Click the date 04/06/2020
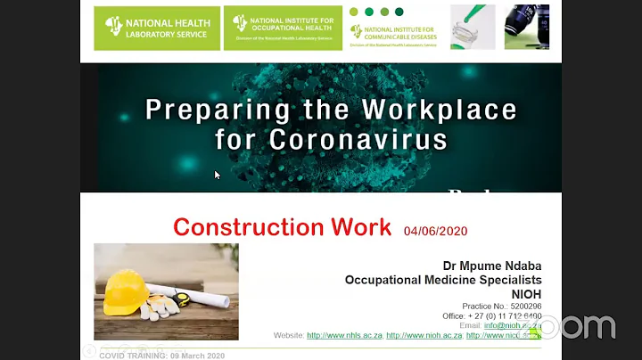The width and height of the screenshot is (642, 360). click(435, 231)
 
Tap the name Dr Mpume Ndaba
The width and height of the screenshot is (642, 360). click(492, 266)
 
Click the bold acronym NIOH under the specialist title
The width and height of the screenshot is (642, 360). click(526, 293)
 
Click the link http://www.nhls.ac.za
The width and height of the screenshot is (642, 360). click(344, 335)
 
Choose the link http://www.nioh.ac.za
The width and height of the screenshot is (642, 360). click(424, 335)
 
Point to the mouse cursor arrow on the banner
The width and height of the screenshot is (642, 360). click(218, 175)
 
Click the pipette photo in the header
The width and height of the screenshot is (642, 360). click(473, 27)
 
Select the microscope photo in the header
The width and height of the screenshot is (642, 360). click(527, 27)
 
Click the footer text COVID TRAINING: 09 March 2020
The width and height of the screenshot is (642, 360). click(161, 356)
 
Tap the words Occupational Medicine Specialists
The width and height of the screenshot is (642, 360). click(443, 280)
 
